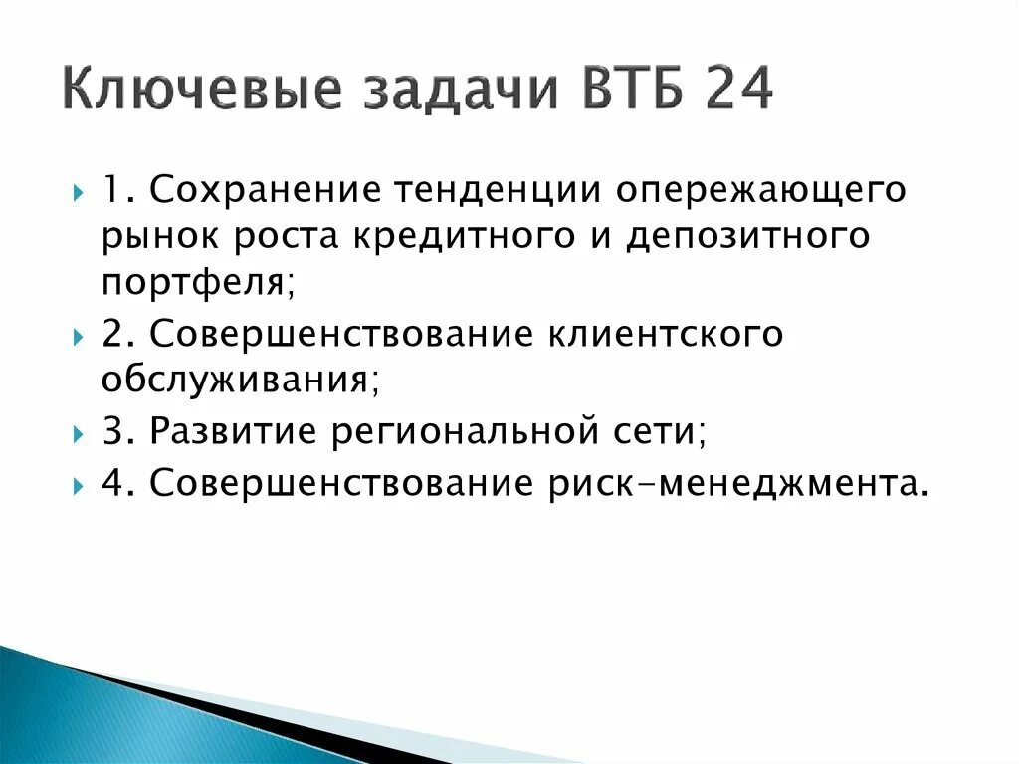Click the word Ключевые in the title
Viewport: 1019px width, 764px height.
200,91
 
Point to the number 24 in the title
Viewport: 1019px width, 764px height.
736,90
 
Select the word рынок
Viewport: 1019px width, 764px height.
159,238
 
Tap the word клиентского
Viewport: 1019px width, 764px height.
665,335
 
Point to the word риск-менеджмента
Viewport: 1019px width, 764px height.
741,483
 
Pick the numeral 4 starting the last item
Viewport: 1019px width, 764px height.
111,482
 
